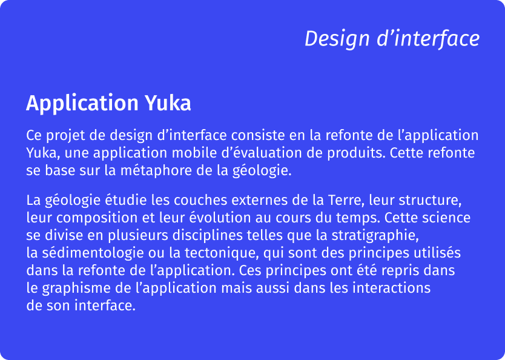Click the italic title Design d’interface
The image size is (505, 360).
coord(392,39)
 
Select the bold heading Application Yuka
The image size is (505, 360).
coord(108,104)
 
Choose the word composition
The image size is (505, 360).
coord(94,217)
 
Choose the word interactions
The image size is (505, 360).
coord(391,287)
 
